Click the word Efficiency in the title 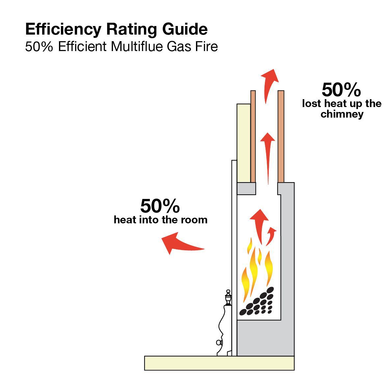coord(63,30)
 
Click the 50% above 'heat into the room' coord(160,206)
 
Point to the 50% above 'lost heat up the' coord(341,90)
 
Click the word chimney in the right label coord(342,114)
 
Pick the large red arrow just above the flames coord(260,225)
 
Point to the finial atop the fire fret coord(228,297)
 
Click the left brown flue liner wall coord(253,136)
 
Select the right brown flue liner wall coord(281,136)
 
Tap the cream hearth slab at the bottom coord(219,363)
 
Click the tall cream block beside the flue coord(244,143)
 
